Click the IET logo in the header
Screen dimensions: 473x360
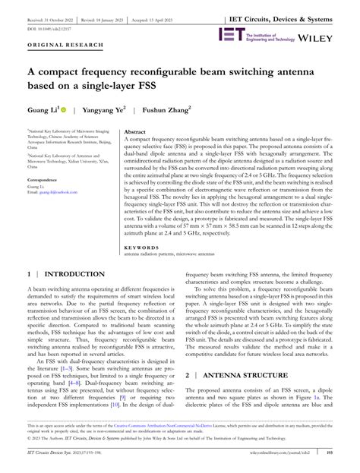pyautogui.click(x=231, y=35)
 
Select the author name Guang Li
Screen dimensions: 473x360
pyautogui.click(x=43, y=109)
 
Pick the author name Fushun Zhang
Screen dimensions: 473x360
pyautogui.click(x=168, y=109)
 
